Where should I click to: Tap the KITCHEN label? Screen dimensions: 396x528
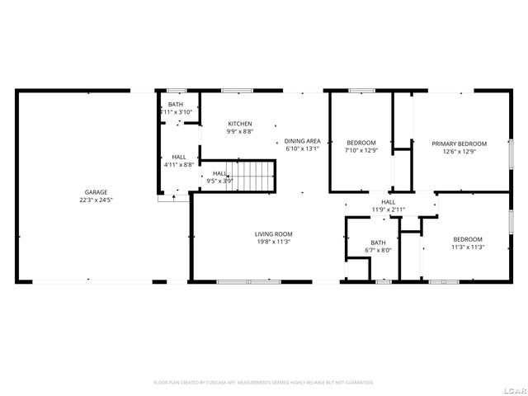(x=240, y=124)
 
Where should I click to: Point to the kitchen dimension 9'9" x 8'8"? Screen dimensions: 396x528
(x=240, y=131)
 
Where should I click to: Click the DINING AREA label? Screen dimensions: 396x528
(x=301, y=142)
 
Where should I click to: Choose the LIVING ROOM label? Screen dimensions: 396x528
(x=273, y=234)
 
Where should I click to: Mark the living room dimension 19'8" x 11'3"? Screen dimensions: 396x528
(x=273, y=242)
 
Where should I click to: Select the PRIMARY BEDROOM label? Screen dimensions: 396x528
(x=460, y=144)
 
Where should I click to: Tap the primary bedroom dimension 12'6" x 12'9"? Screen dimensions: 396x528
(x=460, y=151)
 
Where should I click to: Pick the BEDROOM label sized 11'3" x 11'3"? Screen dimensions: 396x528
(x=467, y=239)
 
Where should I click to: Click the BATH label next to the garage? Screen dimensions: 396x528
(x=176, y=105)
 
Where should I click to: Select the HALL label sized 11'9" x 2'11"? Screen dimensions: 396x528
(x=388, y=202)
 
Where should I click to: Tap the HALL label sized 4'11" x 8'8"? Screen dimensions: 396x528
(x=179, y=157)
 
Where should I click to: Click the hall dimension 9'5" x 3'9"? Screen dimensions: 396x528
(x=220, y=180)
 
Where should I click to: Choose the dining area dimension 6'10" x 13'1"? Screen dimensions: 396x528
(x=301, y=149)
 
